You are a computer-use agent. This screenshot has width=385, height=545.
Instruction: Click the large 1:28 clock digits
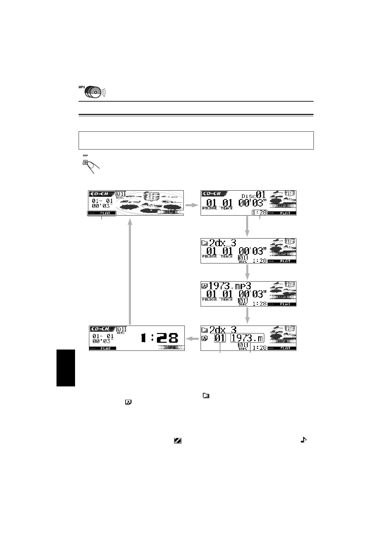pyautogui.click(x=159, y=339)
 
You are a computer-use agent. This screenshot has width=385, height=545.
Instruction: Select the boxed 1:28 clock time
pyautogui.click(x=260, y=213)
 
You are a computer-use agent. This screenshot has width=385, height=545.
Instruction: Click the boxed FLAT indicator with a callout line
pyautogui.click(x=101, y=213)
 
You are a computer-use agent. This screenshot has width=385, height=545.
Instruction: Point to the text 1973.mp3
pyautogui.click(x=229, y=286)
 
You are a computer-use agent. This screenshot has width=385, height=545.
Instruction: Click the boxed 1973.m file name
pyautogui.click(x=247, y=338)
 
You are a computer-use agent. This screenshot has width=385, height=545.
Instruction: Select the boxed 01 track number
pyautogui.click(x=220, y=339)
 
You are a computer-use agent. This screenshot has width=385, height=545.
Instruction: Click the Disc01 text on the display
pyautogui.click(x=254, y=195)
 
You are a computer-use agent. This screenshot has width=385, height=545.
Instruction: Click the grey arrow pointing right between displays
pyautogui.click(x=192, y=205)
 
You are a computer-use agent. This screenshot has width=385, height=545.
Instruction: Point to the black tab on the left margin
pyautogui.click(x=66, y=368)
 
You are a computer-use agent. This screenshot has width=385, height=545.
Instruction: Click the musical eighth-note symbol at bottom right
pyautogui.click(x=303, y=440)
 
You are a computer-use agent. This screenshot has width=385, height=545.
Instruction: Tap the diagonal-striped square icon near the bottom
pyautogui.click(x=177, y=440)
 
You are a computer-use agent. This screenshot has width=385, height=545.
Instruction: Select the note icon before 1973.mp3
pyautogui.click(x=204, y=286)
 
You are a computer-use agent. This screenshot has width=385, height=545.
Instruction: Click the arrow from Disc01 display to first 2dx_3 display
pyautogui.click(x=247, y=226)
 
